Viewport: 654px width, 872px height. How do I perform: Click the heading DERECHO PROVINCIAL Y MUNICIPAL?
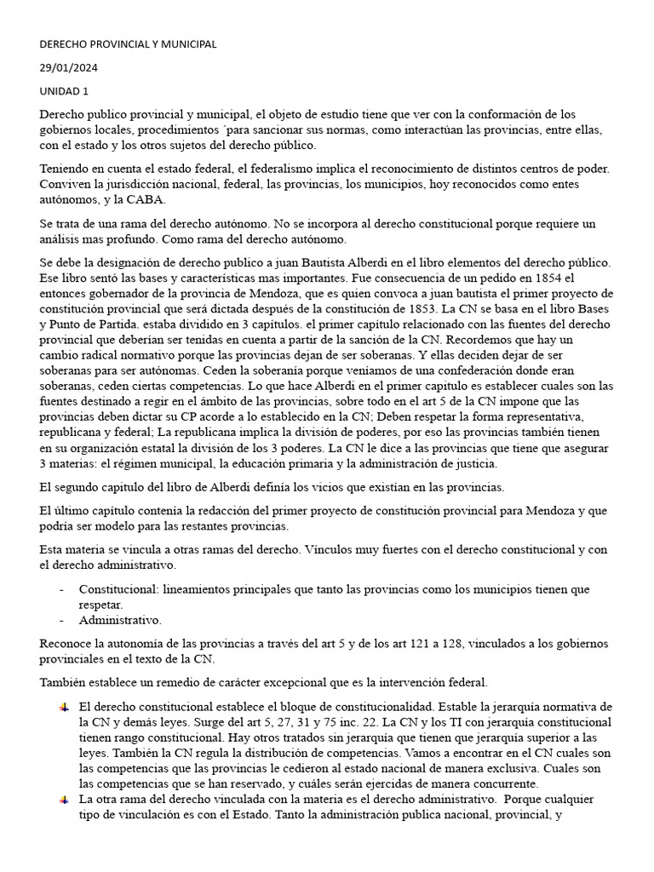tap(128, 43)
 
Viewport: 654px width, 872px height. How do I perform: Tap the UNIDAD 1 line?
tap(63, 90)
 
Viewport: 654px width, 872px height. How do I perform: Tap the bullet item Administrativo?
tap(120, 620)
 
